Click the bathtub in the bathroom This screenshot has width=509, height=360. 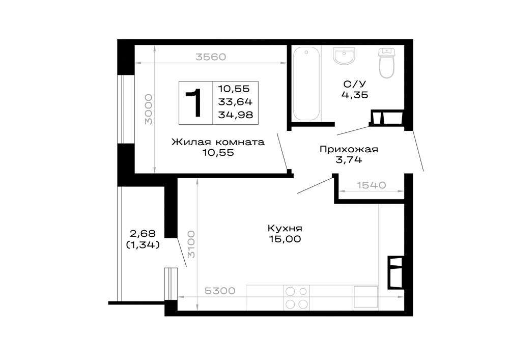pos(306,84)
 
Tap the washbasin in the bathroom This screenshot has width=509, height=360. pos(344,56)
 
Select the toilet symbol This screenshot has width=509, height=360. pos(387,63)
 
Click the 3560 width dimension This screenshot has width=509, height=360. pos(211,57)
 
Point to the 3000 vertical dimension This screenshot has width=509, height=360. pos(148,109)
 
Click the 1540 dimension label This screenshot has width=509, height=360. pos(372,185)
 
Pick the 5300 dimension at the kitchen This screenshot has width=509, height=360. pos(220,291)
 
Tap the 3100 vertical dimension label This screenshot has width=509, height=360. pos(191,244)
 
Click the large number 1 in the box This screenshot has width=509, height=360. pos(194,103)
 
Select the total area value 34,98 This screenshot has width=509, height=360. pos(235,115)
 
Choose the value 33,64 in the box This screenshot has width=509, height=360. pos(235,102)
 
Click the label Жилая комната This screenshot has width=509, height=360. pos(218,142)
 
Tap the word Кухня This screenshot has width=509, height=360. pos(285,228)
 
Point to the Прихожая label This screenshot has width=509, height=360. pos(349,149)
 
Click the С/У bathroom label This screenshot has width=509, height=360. pos(354,84)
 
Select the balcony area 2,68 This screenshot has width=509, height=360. pos(143,233)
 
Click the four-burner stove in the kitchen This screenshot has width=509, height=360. pos(297,298)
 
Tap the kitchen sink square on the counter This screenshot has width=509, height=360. pos(365,297)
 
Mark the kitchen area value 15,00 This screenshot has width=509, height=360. pos(285,239)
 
